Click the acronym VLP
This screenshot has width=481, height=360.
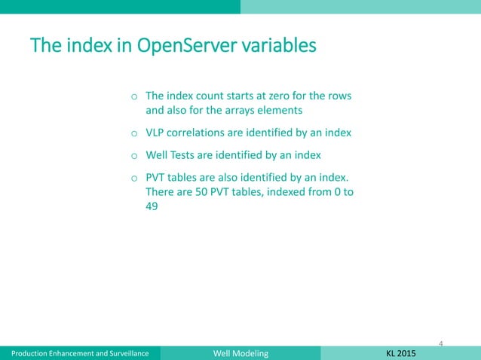pyautogui.click(x=155, y=133)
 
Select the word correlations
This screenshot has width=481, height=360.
pyautogui.click(x=202, y=133)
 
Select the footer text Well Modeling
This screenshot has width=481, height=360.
pyautogui.click(x=239, y=352)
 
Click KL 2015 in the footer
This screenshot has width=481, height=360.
pyautogui.click(x=399, y=352)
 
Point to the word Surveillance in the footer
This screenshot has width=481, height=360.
pyautogui.click(x=122, y=352)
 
